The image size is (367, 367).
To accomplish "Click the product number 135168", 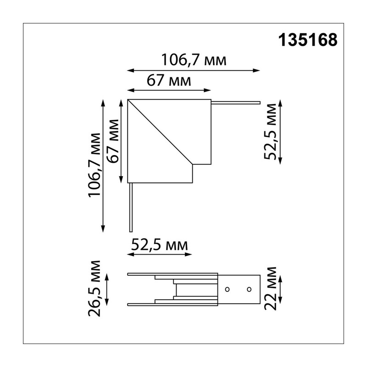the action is coord(308,40).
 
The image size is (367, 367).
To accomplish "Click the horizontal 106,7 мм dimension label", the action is coord(194,60).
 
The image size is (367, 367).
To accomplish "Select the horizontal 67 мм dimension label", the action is coord(169,81).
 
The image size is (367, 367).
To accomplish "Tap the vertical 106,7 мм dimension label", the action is coord(95,165).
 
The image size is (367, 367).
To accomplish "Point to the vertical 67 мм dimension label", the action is coord(112,141).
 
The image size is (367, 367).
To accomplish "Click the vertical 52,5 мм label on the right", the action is coord(270,132).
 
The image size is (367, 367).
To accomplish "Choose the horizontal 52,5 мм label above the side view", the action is coord(159,245).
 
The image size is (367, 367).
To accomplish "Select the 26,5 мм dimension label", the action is coord(95,289).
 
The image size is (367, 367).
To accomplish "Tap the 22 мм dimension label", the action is coord(270,289).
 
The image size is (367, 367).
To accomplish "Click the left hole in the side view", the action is coord(227,289).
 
